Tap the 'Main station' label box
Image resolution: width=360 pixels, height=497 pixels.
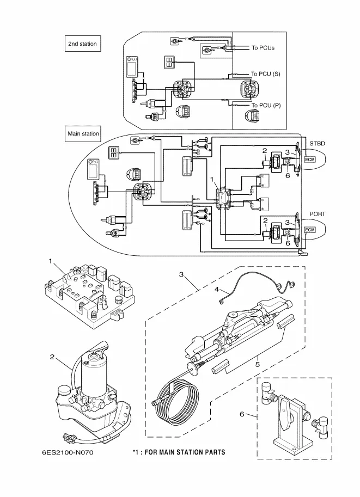[x=83, y=133]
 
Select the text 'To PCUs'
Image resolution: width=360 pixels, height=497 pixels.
[x=263, y=48]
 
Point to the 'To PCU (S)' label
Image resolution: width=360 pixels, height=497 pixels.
[x=265, y=73]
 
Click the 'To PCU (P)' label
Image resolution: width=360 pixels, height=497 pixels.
[x=266, y=105]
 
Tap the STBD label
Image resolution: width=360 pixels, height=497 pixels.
[x=318, y=143]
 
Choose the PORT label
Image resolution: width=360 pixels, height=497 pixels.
[x=318, y=214]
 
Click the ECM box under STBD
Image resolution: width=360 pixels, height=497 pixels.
[x=310, y=159]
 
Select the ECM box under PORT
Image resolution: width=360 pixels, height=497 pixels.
[x=310, y=230]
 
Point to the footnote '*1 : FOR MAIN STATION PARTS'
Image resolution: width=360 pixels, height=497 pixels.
[x=179, y=452]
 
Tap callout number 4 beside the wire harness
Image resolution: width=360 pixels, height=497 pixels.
[x=216, y=290]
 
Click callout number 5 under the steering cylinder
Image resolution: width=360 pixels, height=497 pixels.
[x=258, y=364]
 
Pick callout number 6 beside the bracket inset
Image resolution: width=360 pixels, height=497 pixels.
[x=242, y=414]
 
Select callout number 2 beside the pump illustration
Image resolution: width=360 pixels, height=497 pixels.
[x=52, y=358]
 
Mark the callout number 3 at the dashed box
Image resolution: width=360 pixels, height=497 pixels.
[x=181, y=274]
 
